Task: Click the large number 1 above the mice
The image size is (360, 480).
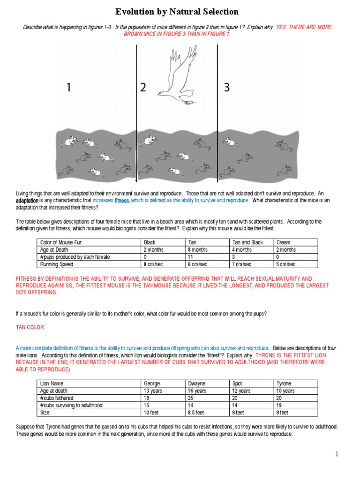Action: point(68,87)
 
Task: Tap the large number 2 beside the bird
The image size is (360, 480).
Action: point(143,87)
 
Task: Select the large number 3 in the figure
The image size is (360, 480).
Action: point(227,87)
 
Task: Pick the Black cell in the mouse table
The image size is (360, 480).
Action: point(150,242)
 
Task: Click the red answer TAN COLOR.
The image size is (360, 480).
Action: point(30,327)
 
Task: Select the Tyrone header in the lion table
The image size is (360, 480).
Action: point(285,383)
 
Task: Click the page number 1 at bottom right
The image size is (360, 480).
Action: point(337,454)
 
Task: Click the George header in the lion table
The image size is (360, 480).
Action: point(152,383)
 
